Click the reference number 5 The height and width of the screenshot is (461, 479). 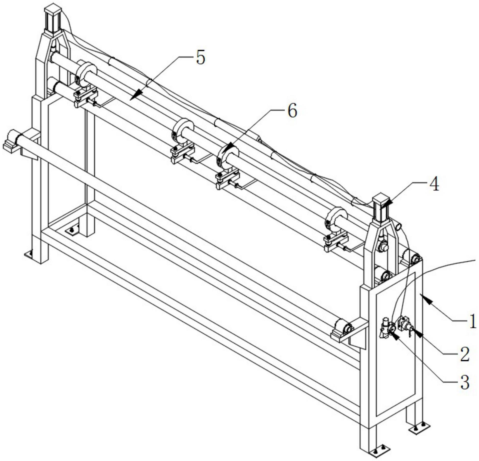(200, 58)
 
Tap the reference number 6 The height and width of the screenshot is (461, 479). (292, 111)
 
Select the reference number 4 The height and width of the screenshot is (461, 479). (434, 184)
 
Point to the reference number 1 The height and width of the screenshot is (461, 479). (473, 321)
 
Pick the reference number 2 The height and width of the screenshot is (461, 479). (464, 354)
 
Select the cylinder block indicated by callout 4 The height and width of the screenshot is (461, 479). (381, 208)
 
